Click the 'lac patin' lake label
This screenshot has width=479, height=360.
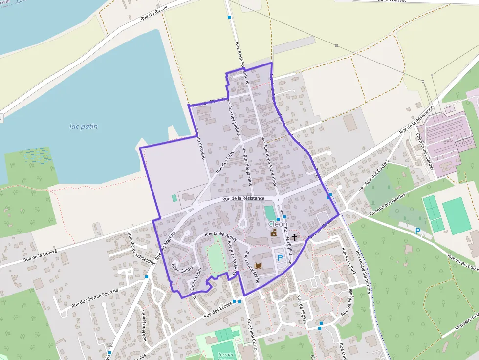[83, 127]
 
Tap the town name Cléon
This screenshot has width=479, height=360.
[278, 224]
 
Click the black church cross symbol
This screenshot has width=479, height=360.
[295, 237]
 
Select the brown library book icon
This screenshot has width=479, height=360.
[258, 266]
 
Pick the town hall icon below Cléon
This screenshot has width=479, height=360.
[274, 233]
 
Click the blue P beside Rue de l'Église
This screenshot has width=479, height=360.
[280, 257]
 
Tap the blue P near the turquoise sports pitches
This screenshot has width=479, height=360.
[418, 231]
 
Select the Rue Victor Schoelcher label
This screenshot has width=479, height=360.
[142, 249]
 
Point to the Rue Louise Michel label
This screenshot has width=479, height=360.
[252, 268]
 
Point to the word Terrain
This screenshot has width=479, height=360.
[226, 355]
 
